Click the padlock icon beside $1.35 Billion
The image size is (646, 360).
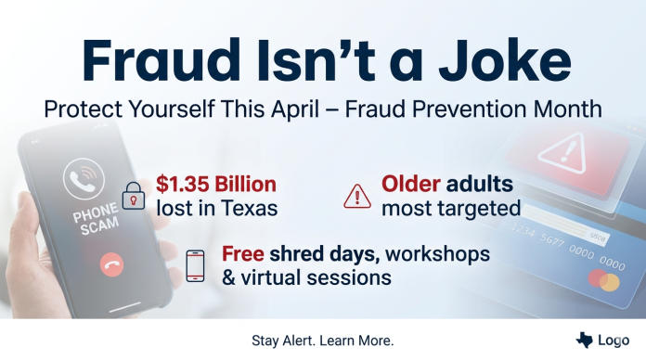point(136,194)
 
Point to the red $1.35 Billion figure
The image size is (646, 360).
point(215,183)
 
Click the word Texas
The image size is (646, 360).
point(252,207)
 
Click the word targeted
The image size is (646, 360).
point(479,207)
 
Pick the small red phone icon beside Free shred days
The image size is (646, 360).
point(195,265)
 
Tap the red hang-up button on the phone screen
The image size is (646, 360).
point(111,264)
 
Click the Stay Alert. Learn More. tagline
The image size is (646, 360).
point(323,341)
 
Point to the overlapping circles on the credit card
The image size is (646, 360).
point(602,280)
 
